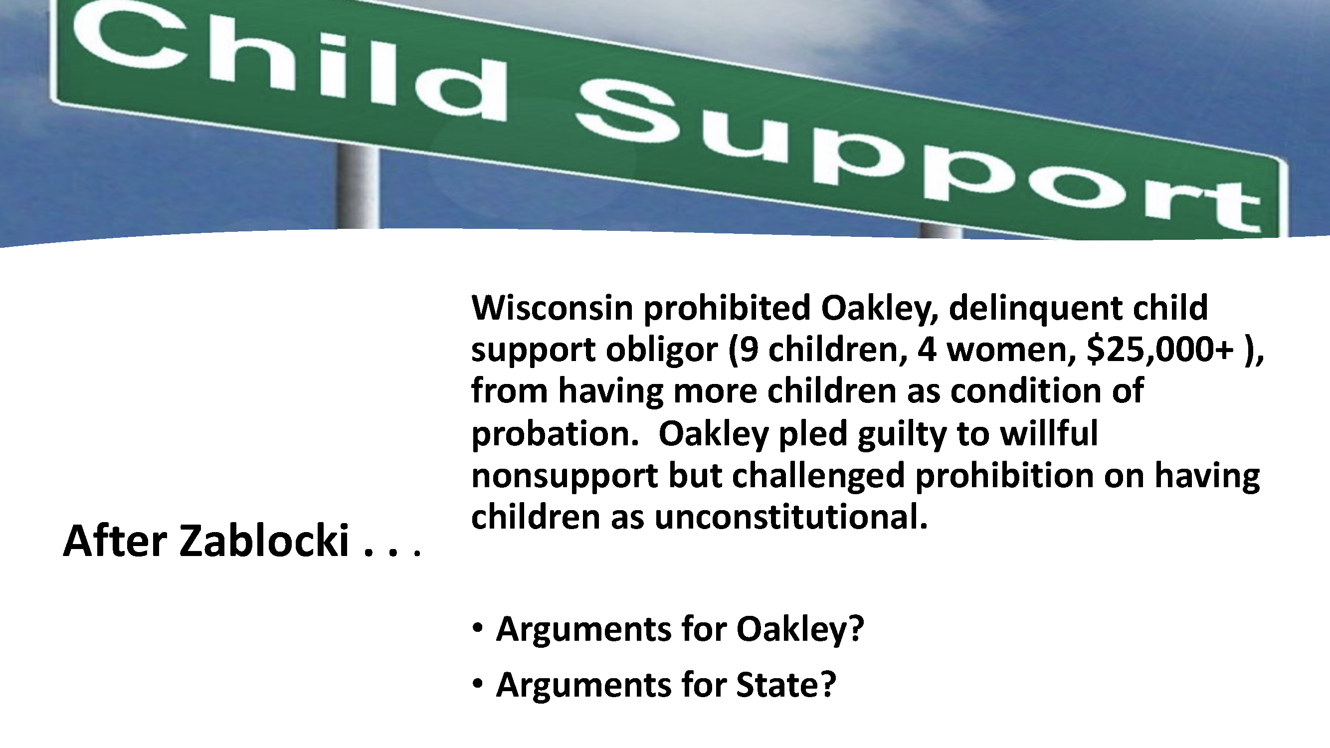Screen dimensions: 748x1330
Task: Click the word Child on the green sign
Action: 289,64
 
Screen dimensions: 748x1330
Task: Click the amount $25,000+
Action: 1159,350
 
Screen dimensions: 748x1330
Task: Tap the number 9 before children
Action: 749,350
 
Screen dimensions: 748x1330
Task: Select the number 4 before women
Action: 927,350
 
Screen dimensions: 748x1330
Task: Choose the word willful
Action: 1049,434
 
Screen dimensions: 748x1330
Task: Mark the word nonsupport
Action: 565,475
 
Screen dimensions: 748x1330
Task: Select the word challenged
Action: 818,475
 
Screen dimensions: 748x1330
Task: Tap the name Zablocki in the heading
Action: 264,541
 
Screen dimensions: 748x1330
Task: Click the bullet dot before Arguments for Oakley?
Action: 478,628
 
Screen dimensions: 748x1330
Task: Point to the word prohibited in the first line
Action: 727,308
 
